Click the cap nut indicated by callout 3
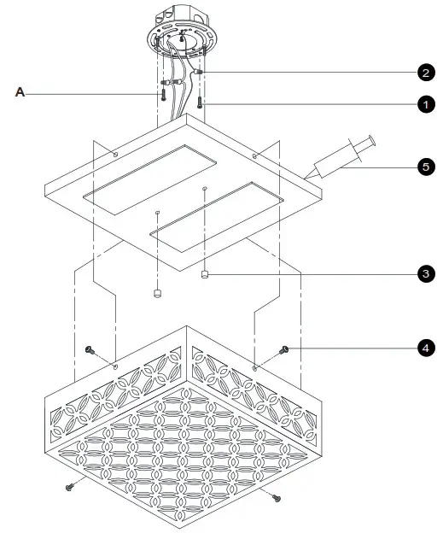click(x=206, y=274)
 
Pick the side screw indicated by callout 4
click(x=286, y=348)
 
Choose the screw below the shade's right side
click(x=275, y=495)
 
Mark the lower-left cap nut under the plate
click(x=157, y=294)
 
